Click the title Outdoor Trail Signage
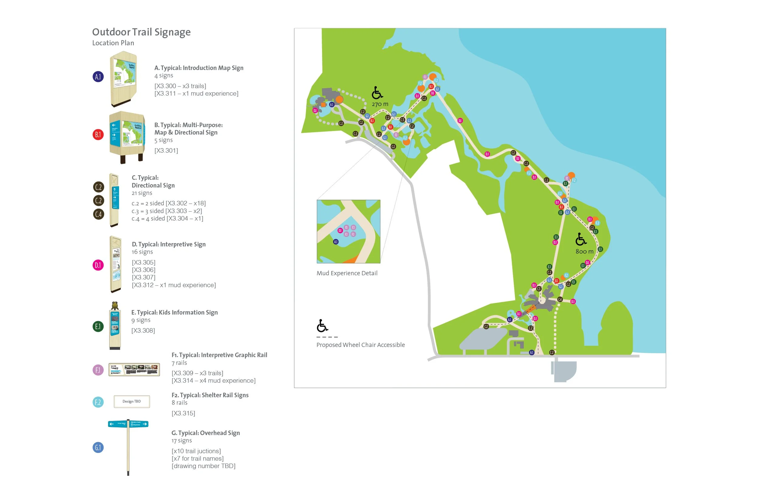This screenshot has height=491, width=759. pos(141,32)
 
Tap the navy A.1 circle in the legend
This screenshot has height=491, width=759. pos(98,77)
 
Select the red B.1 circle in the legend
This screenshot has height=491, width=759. pos(98,134)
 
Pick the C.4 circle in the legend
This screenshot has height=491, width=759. pos(99,214)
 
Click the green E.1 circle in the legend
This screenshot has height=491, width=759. pos(98,327)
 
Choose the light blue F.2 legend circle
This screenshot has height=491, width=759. pos(98,402)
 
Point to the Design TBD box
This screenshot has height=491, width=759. pos(132,401)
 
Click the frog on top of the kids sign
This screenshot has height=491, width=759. pos(115,306)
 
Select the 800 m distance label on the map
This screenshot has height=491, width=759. pos(584,252)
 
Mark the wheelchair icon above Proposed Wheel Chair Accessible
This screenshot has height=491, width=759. pos(322,326)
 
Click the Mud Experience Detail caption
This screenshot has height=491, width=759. pos(347,273)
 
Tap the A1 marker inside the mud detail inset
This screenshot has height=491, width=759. pos(336,242)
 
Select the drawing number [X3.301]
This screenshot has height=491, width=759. pos(166,151)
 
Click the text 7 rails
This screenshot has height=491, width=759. pos(179,363)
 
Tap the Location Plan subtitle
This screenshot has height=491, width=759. pos(113,43)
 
